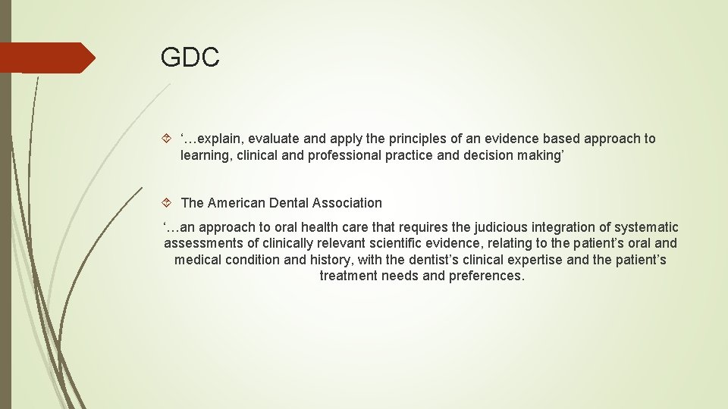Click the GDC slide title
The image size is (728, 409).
coord(190,58)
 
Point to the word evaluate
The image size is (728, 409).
coord(275,139)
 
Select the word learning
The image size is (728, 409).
coord(205,155)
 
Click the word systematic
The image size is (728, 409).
coord(646,227)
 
